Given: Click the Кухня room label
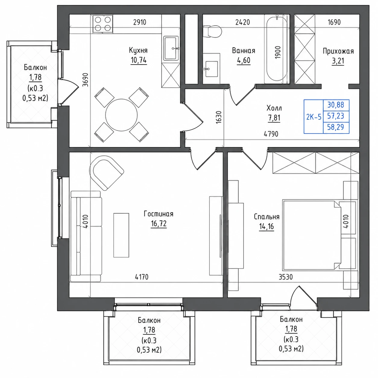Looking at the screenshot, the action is [x=138, y=50].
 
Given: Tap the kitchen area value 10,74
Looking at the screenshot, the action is [x=138, y=60].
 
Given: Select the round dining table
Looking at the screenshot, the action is [x=121, y=115].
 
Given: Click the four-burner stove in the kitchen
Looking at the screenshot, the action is [x=103, y=24].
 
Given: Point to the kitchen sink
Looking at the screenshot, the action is [x=171, y=48].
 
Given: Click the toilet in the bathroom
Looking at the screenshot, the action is [x=212, y=31].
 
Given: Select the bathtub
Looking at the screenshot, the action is [x=277, y=49].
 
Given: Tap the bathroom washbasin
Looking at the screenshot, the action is [x=212, y=69].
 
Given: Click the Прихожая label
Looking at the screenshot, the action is [x=338, y=51].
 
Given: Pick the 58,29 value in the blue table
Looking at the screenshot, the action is [x=335, y=127].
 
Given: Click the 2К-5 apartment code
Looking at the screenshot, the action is [x=314, y=117].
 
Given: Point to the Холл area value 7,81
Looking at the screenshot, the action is [x=274, y=118].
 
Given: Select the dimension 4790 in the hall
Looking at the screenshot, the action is [x=271, y=134].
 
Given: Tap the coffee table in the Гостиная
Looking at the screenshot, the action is [x=121, y=235].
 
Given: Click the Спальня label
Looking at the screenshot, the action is [x=266, y=217].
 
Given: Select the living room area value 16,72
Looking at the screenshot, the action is [x=159, y=223].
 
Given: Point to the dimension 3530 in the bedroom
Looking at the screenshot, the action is [x=285, y=277].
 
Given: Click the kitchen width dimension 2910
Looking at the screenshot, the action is [x=140, y=22].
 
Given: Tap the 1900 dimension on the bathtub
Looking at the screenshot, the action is [x=278, y=52].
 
